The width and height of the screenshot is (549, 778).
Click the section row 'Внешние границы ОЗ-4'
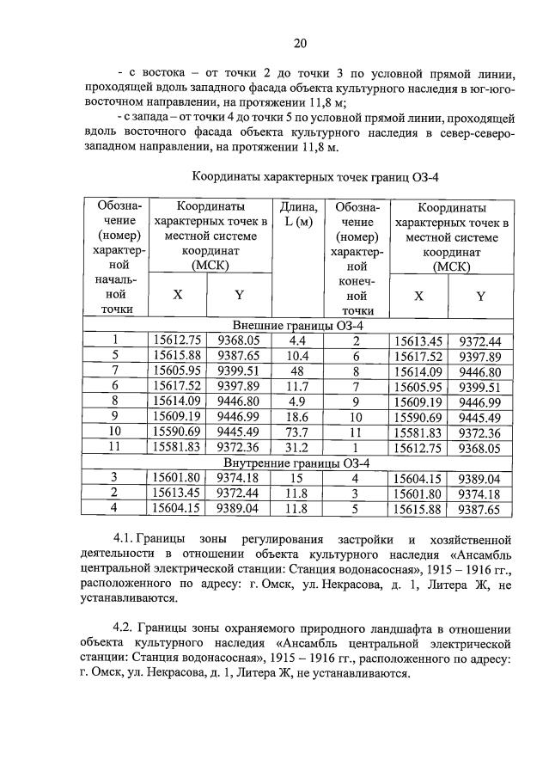292,326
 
